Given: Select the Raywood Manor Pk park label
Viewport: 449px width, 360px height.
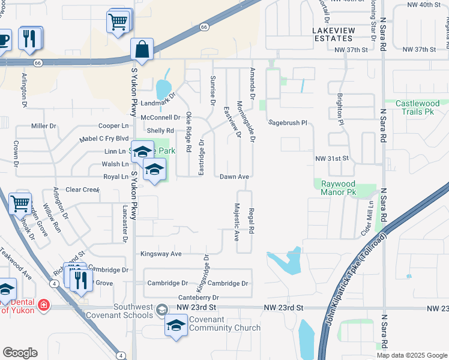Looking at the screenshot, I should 339,188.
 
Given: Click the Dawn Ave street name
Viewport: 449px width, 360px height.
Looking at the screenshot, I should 234,177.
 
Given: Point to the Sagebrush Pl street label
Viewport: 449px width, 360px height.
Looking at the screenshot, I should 288,122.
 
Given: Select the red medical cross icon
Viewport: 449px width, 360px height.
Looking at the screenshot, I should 43,306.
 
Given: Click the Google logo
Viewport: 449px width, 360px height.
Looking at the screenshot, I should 20,353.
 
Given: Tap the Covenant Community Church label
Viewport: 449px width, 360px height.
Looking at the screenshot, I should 224,324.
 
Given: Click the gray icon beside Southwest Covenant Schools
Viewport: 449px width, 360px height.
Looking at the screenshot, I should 161,310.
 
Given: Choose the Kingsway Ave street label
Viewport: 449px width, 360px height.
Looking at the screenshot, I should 161,254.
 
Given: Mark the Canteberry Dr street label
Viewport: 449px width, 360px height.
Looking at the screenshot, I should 199,298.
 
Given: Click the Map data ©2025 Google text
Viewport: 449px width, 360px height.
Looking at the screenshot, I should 412,355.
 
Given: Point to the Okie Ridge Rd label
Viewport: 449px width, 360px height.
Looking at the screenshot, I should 188,131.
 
